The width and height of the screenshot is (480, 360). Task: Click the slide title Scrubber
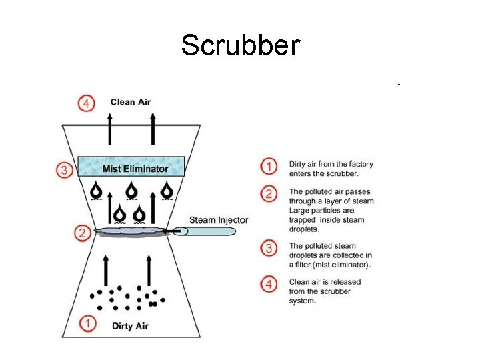click(x=240, y=45)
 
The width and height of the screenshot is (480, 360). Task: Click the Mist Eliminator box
click(x=131, y=166)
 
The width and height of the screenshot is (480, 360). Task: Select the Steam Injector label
click(x=219, y=220)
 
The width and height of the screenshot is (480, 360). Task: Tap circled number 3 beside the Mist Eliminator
click(x=64, y=170)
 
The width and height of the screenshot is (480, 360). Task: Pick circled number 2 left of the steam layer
click(x=82, y=233)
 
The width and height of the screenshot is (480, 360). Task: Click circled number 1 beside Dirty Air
click(x=88, y=324)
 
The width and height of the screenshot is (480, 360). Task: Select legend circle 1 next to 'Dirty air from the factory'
click(x=268, y=166)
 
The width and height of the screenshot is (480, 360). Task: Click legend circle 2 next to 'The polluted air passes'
click(x=268, y=194)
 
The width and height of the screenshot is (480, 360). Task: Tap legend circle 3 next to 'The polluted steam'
click(x=268, y=248)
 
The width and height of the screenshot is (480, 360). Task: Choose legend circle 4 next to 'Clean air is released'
click(x=268, y=284)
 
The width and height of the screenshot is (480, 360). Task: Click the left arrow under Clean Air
click(x=110, y=129)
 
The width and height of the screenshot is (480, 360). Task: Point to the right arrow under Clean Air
click(x=153, y=129)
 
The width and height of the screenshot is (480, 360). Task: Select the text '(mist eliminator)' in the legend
click(x=338, y=265)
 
